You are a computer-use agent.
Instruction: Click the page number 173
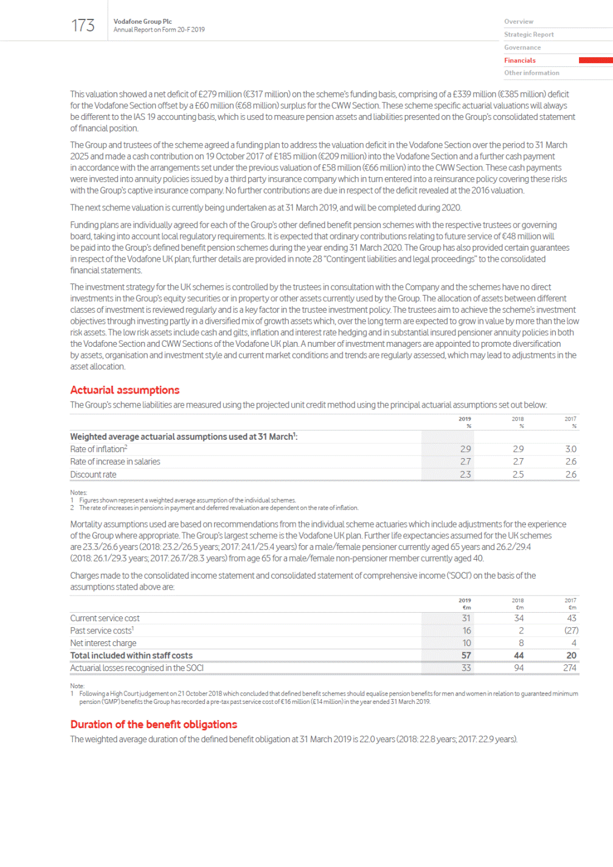pos(83,26)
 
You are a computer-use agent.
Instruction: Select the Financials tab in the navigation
pos(520,60)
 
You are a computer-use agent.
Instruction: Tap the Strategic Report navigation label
pos(528,35)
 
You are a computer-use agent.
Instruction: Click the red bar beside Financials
pos(595,60)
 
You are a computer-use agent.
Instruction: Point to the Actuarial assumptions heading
pos(125,390)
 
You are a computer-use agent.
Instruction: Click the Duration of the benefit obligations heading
pos(153,725)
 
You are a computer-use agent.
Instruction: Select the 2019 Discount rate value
pos(465,475)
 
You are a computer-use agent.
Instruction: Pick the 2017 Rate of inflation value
pos(570,449)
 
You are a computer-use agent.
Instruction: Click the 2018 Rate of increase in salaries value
pos(518,462)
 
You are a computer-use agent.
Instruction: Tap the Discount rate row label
pos(93,475)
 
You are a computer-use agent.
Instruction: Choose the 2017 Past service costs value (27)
pos(571,631)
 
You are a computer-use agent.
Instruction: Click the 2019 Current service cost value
pos(466,618)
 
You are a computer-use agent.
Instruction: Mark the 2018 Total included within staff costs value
pos(518,656)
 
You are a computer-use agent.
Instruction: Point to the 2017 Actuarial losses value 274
pos(569,668)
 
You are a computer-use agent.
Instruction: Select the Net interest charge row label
pos(103,643)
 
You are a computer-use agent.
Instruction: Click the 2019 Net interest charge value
pos(466,643)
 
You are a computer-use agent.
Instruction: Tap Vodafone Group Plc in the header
pos(142,21)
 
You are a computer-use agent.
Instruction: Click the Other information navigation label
pos(532,73)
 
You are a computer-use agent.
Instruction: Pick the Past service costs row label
pos(102,631)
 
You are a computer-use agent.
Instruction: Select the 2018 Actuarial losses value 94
pos(518,668)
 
